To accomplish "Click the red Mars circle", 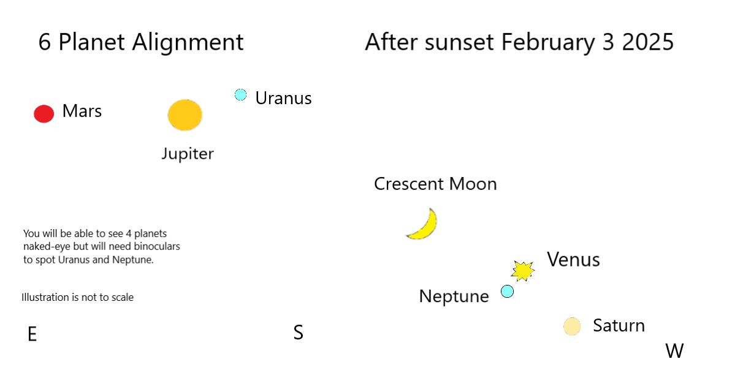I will (x=44, y=113).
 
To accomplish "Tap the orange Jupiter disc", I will (x=185, y=115).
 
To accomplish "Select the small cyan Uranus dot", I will (x=240, y=95).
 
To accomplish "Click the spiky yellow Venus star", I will (x=522, y=270).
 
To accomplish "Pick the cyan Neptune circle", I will (x=507, y=291).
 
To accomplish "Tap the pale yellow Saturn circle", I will (x=572, y=327).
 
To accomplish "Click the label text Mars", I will (x=82, y=112).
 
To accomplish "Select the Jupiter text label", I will (x=187, y=154).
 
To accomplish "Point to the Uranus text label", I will (x=283, y=98).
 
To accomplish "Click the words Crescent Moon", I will (x=435, y=184).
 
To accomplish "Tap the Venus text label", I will (x=573, y=260).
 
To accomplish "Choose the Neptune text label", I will (x=454, y=297).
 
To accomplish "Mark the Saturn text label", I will (x=619, y=325).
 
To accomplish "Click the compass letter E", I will (x=32, y=334).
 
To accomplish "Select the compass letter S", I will (x=299, y=333).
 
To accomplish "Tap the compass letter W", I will (x=674, y=351).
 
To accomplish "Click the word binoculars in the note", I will (x=158, y=247).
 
